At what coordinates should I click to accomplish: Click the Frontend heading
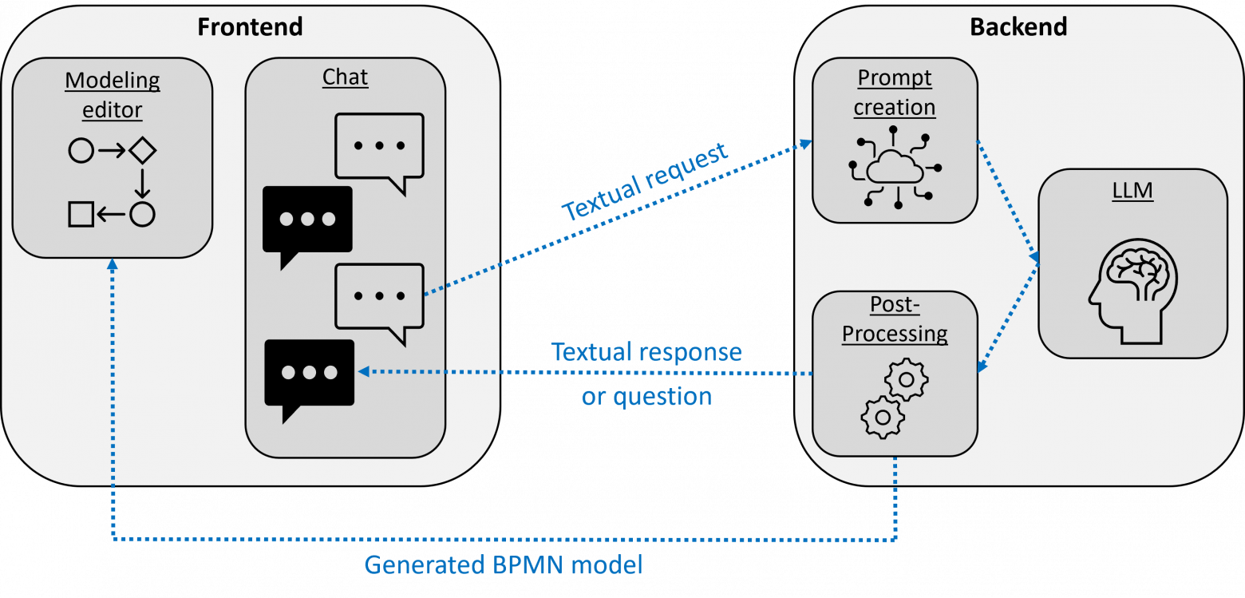(x=250, y=27)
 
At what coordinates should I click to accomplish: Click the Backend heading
(x=1018, y=27)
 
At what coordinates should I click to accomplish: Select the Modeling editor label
(x=113, y=94)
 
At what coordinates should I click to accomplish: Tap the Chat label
(x=345, y=77)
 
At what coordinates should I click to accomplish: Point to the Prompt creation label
(x=895, y=92)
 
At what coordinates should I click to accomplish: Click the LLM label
(x=1132, y=191)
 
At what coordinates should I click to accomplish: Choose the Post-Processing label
(x=895, y=319)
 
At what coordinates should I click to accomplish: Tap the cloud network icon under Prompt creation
(x=895, y=167)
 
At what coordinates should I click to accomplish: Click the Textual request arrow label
(x=645, y=183)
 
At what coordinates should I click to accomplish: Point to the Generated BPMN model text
(x=504, y=565)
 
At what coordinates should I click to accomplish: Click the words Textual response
(x=646, y=351)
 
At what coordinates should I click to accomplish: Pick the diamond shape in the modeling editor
(x=142, y=149)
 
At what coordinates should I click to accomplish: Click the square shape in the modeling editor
(x=81, y=214)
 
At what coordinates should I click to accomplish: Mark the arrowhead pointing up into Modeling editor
(x=113, y=264)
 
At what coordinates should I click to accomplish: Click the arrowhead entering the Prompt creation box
(x=807, y=143)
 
